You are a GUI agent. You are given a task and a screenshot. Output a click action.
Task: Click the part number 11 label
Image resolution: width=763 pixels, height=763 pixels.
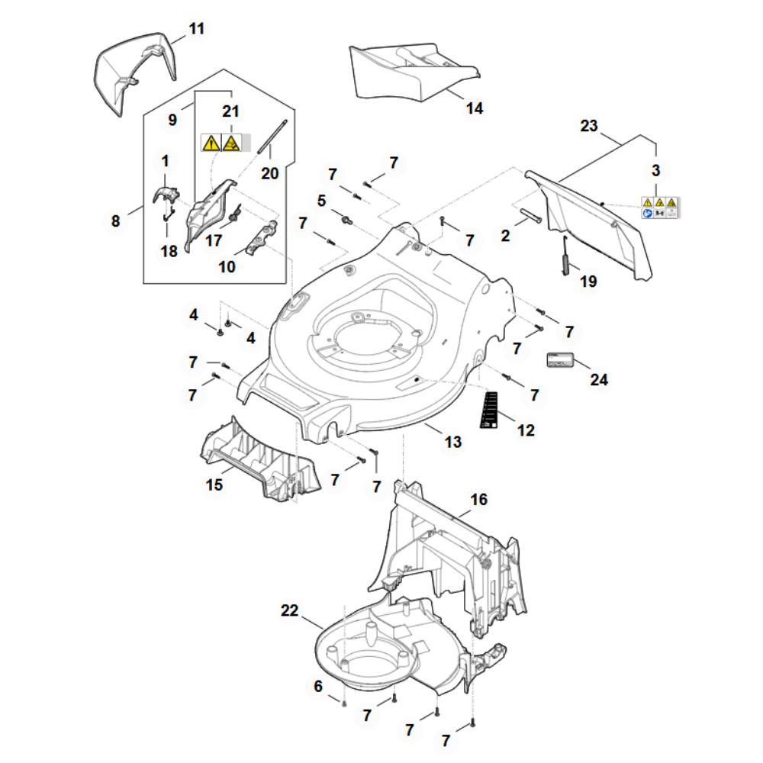[197, 30]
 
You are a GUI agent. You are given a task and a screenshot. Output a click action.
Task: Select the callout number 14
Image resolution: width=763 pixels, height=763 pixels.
[475, 108]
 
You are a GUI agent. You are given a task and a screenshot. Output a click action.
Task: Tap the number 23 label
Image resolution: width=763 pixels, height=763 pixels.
[588, 126]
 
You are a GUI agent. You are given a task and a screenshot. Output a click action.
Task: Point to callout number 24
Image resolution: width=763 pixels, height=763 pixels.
[600, 378]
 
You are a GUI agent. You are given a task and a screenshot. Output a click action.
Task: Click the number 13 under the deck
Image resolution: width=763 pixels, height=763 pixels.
[453, 442]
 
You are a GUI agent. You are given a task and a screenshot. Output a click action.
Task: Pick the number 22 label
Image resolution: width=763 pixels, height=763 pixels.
[289, 610]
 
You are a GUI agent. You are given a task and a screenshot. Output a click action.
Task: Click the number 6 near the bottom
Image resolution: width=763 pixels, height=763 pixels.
[318, 687]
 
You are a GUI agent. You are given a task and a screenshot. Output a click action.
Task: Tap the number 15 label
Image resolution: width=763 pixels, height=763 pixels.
[215, 485]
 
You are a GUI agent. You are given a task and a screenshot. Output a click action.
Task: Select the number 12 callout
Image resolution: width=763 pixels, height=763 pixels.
[526, 430]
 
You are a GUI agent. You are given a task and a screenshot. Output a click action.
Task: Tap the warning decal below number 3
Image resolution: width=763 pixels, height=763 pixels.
[659, 208]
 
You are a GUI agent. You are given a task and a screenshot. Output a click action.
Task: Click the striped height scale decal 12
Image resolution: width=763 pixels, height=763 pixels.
[490, 410]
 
